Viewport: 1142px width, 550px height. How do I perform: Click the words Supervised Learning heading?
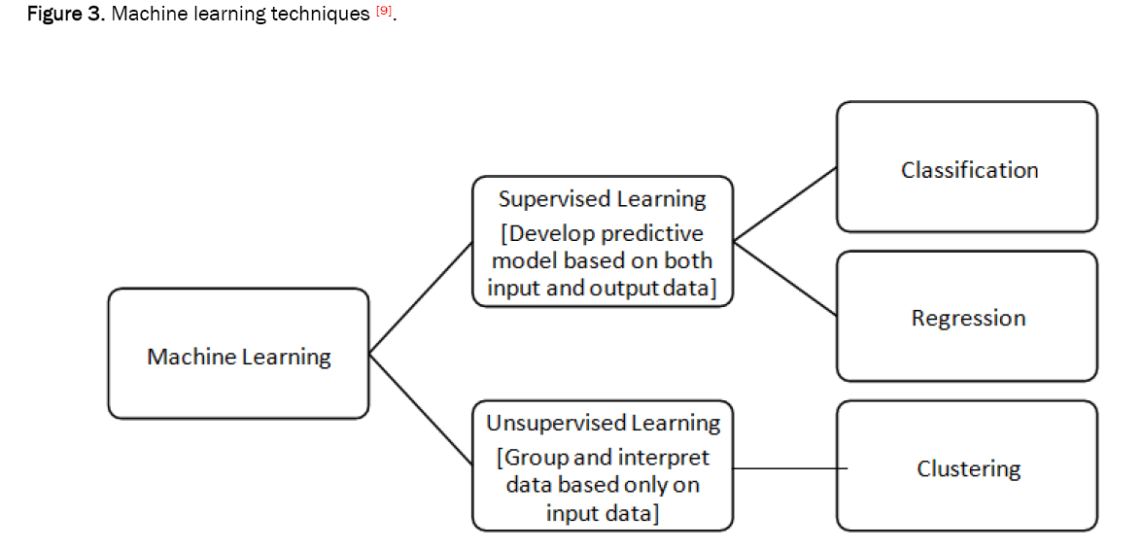click(602, 199)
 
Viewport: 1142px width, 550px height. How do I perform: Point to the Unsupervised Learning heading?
click(603, 424)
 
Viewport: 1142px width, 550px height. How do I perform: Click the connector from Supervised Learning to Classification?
click(785, 202)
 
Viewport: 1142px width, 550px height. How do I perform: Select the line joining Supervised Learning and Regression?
click(785, 278)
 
